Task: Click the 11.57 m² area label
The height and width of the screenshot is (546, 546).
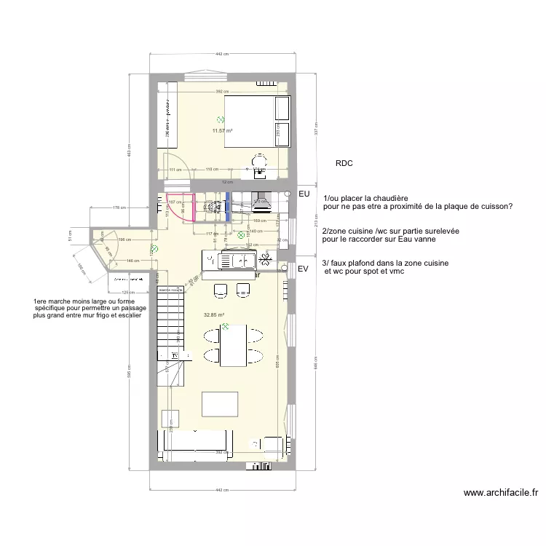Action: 222,131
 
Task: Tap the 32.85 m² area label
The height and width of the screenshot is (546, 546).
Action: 213,314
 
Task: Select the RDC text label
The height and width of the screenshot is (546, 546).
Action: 344,165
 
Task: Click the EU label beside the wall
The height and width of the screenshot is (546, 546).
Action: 304,194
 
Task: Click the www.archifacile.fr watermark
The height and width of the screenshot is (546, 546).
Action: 501,493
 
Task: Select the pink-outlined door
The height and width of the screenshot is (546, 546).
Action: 180,206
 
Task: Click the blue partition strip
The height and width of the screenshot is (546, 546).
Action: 227,207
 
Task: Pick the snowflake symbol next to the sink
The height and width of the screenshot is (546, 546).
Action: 266,258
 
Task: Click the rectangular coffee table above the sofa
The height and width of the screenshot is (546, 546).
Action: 220,404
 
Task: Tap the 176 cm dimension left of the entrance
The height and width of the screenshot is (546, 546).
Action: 116,208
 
